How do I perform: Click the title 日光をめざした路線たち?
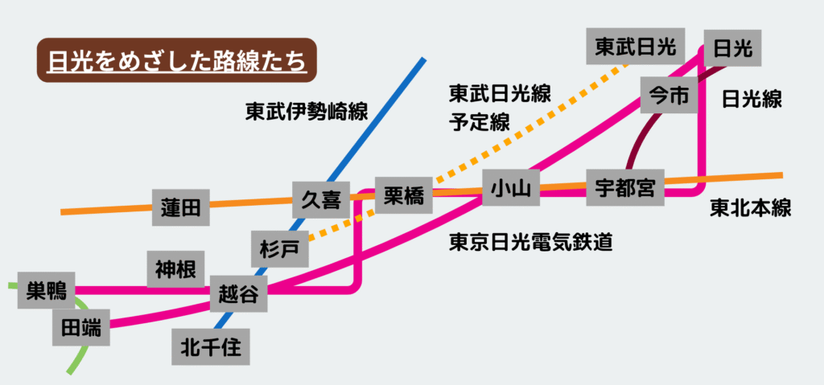tap(177, 60)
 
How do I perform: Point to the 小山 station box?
tap(510, 189)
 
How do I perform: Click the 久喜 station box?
tap(320, 199)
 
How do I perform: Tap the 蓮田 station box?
tap(180, 207)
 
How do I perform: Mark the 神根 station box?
tap(175, 269)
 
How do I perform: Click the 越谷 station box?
tap(238, 294)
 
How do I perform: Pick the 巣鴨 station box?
tap(46, 289)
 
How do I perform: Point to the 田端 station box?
tap(82, 328)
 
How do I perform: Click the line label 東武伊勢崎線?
tap(307, 113)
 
